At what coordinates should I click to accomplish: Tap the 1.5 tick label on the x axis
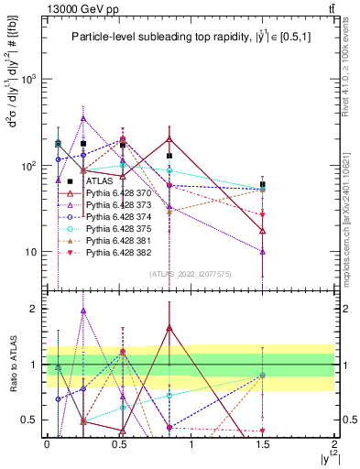[263, 443]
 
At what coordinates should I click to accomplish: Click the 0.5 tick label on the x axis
[118, 443]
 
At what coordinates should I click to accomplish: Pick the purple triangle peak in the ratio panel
[83, 311]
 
